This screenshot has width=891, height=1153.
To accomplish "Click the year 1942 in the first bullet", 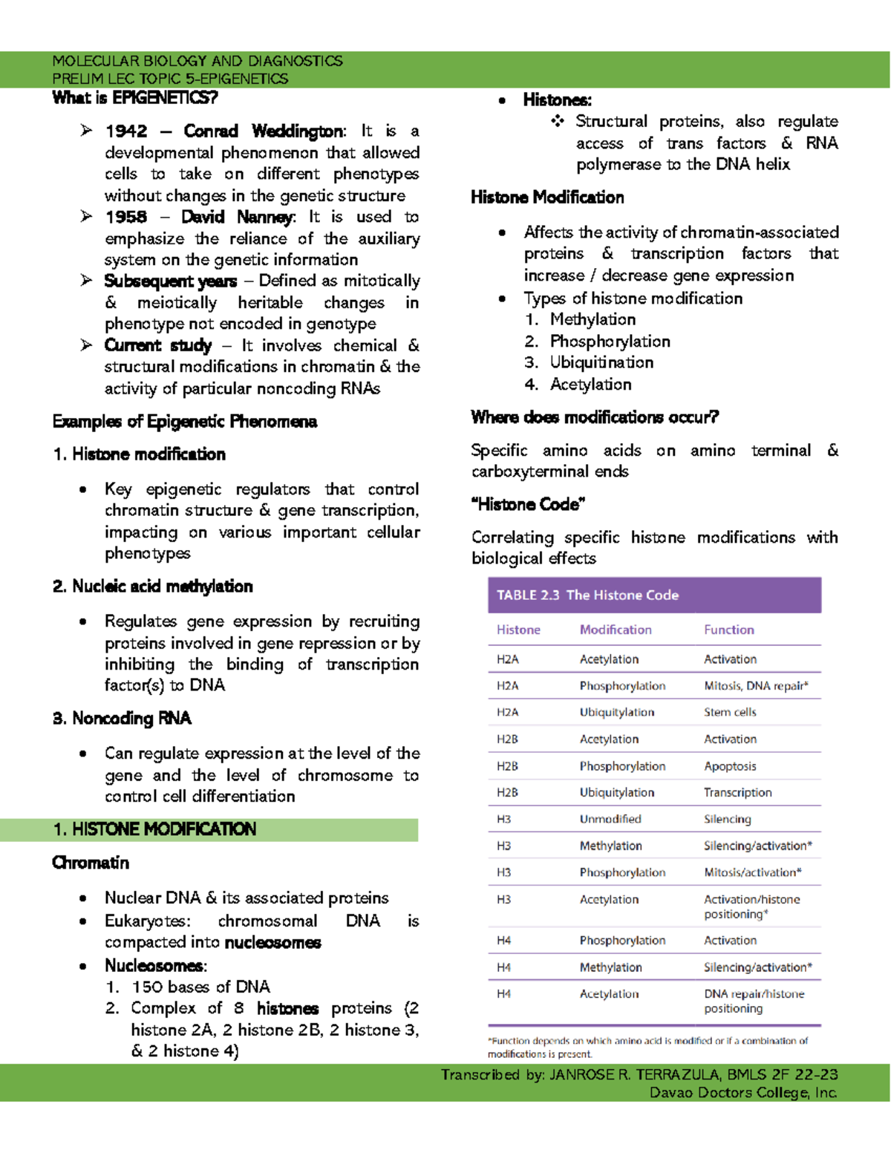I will (x=126, y=131).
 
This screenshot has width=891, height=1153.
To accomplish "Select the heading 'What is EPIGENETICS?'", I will (x=135, y=98).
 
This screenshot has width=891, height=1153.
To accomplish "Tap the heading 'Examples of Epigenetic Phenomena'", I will (x=185, y=422).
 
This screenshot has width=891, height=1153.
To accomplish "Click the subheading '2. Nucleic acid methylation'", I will (x=153, y=587).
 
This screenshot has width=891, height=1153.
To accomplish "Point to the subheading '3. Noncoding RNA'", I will (x=123, y=718).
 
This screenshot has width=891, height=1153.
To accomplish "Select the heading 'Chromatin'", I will (x=91, y=863).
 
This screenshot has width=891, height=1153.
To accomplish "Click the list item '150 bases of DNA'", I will (x=200, y=987).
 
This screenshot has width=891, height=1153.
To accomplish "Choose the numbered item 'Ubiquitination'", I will (x=601, y=362).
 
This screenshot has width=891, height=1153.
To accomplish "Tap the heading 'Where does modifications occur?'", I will (x=595, y=417).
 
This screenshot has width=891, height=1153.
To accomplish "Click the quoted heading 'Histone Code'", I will (x=528, y=505).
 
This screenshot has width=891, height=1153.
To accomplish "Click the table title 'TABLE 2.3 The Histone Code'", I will (x=587, y=595).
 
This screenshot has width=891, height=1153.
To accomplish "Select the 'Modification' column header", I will (x=616, y=630).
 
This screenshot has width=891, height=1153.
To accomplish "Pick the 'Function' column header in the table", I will (x=728, y=630).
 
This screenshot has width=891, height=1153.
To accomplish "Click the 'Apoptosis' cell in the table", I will (x=730, y=766).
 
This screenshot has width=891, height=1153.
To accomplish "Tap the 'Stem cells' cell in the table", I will (x=730, y=712).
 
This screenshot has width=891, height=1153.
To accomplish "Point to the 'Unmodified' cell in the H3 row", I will (x=610, y=819).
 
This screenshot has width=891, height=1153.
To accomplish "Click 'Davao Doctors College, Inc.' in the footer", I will (x=743, y=1092).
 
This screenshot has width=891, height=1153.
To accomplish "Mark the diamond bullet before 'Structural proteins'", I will (x=558, y=121).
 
